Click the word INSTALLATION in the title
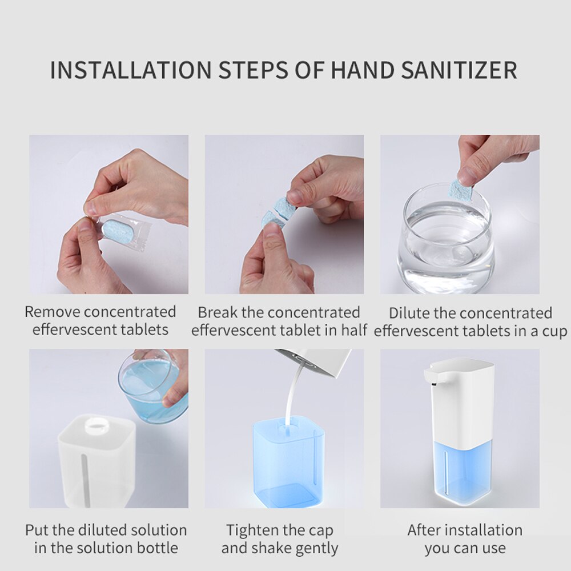(x=130, y=70)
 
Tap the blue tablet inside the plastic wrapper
(x=118, y=231)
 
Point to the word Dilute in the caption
(x=409, y=313)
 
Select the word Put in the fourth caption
(x=37, y=530)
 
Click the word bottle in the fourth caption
(x=156, y=548)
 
